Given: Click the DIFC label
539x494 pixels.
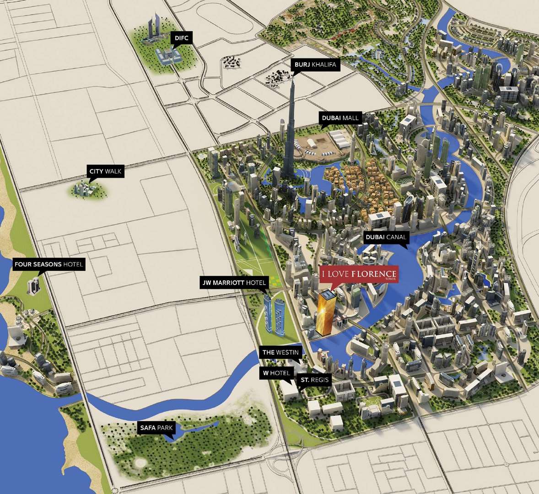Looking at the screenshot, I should pos(181,38).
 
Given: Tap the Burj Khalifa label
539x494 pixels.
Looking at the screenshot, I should pos(315,64).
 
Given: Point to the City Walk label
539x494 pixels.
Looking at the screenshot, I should pos(106,171).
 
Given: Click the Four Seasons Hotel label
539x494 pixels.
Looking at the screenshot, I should pos(49,264).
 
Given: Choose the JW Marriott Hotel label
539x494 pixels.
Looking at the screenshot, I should pos(234,283).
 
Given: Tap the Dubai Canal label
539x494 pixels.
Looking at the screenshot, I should pos(385,237).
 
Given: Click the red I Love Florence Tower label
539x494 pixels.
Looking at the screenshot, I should pos(359,274).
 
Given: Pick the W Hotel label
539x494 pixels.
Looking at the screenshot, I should pos(276,373).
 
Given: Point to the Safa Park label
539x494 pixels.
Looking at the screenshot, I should pos(156,428).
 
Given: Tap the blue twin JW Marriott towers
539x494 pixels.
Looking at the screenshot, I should pos(273,313).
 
